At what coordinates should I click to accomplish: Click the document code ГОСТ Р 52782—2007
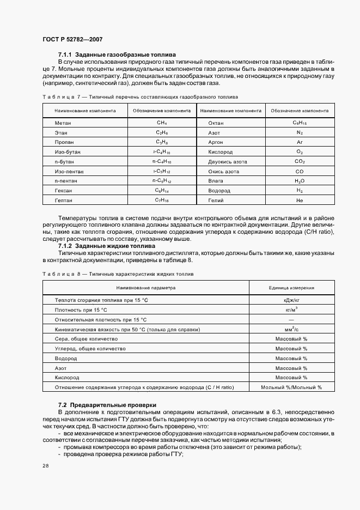click(x=72, y=39)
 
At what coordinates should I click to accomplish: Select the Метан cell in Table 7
click(x=63, y=123)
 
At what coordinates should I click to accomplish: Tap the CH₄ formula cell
click(x=162, y=123)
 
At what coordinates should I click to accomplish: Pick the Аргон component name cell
click(x=217, y=142)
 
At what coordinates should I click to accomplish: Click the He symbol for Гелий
click(x=300, y=201)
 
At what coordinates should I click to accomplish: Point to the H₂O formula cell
click(x=300, y=181)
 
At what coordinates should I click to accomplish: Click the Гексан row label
click(x=64, y=191)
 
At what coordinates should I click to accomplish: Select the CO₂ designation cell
click(x=300, y=162)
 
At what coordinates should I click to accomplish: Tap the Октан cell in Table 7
click(x=217, y=123)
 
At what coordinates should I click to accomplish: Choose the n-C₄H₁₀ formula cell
click(x=162, y=162)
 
